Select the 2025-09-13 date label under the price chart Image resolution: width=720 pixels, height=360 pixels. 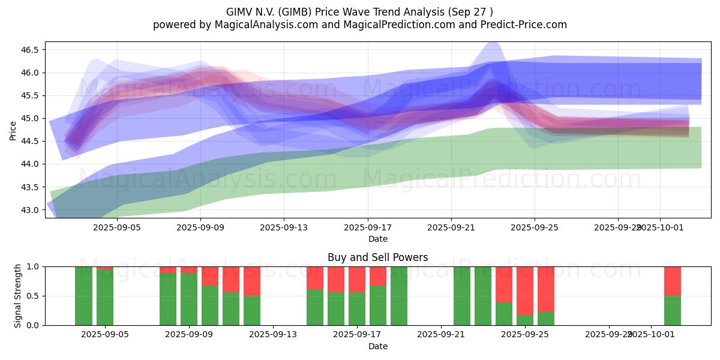(284, 228)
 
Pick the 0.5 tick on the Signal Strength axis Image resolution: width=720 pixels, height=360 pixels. (32, 296)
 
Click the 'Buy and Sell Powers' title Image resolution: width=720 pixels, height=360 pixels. (377, 257)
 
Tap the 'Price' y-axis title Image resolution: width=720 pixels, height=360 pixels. (13, 130)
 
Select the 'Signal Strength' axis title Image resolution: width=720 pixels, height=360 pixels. (18, 296)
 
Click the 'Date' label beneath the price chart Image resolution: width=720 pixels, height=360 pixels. (377, 239)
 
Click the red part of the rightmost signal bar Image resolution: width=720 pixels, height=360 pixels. (672, 281)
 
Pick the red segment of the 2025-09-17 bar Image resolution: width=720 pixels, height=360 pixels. (357, 279)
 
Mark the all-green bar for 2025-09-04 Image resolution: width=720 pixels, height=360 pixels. (84, 296)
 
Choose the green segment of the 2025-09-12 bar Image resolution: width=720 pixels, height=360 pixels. (252, 310)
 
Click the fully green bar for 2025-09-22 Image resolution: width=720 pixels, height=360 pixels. (462, 296)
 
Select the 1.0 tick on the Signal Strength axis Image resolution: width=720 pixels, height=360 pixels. (32, 266)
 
